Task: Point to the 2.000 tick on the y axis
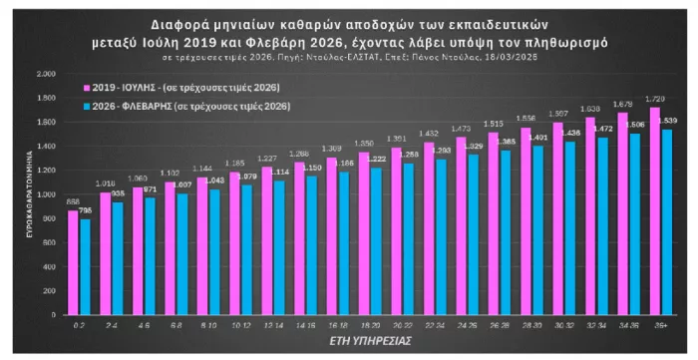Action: pos(46,75)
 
